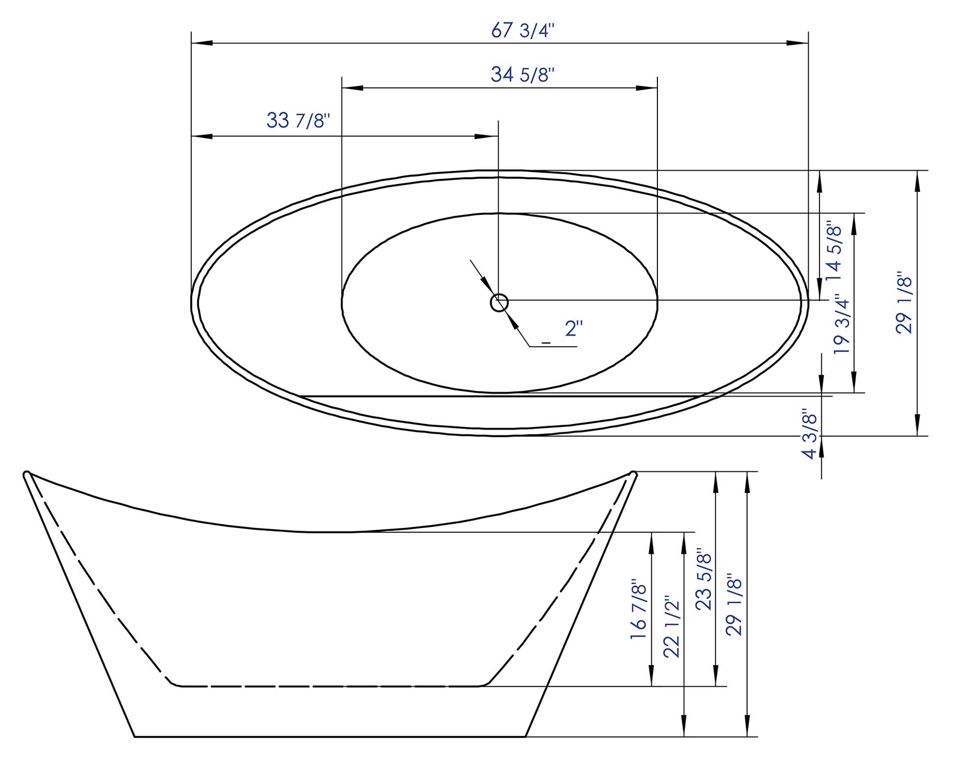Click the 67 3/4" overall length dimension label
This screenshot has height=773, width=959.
point(523,31)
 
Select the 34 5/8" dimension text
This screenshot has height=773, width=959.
point(522,75)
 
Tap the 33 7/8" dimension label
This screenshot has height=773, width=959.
point(298,120)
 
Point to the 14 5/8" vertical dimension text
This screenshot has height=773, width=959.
point(833,250)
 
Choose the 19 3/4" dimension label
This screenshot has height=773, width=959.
point(842,324)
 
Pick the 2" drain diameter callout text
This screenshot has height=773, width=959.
point(574,328)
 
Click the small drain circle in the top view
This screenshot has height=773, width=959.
point(499,303)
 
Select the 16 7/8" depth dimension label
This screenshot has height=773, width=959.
point(638,609)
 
